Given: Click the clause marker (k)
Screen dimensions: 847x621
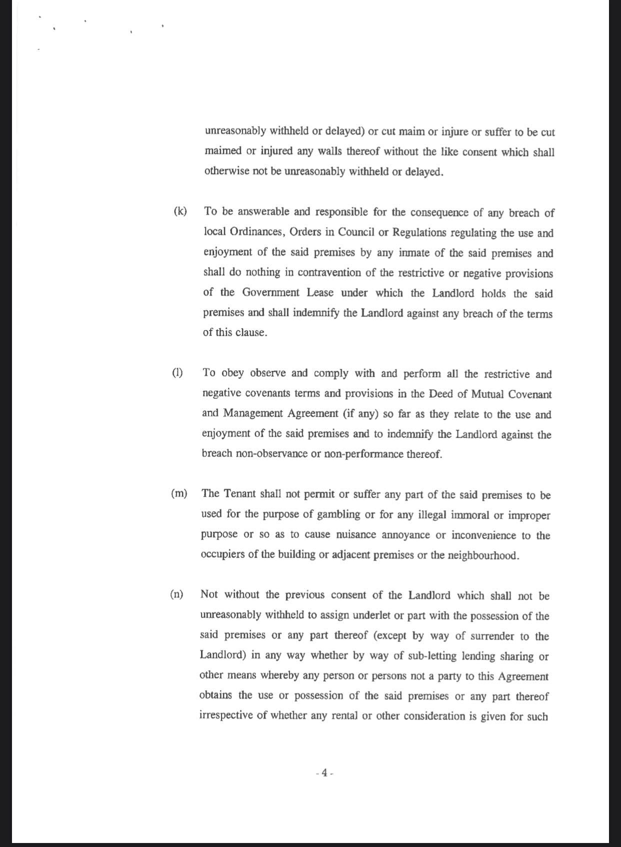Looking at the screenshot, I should click(x=180, y=211).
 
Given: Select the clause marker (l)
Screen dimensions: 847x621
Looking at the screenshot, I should click(x=177, y=373).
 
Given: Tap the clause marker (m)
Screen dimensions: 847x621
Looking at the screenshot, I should click(x=179, y=493).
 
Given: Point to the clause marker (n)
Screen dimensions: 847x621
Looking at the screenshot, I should click(x=176, y=594).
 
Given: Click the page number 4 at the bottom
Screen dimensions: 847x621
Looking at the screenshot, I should click(x=324, y=772).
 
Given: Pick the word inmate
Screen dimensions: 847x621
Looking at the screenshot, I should click(x=414, y=253).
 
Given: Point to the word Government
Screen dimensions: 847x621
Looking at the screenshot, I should click(x=270, y=293).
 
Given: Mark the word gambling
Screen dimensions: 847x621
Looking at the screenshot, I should click(x=334, y=514).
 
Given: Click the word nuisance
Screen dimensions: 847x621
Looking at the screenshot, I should click(x=355, y=535).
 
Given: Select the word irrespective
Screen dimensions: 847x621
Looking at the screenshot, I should click(x=225, y=715).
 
